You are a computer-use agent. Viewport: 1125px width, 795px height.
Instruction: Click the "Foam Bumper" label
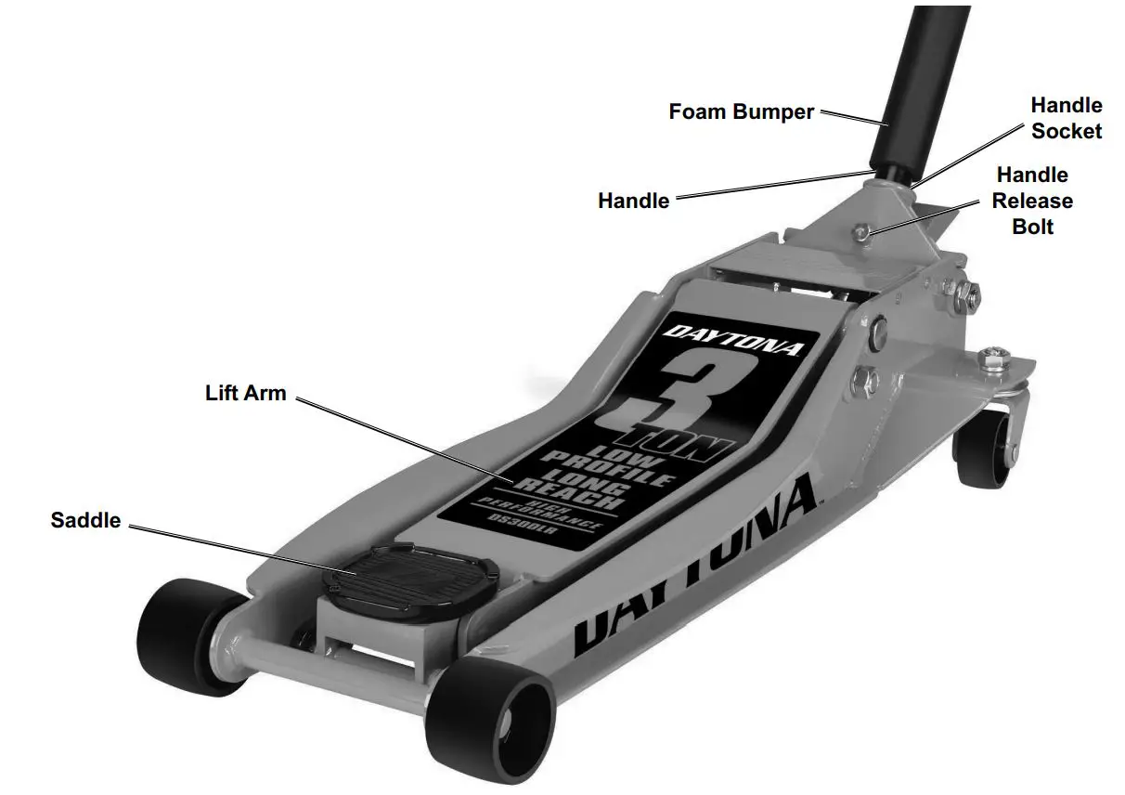point(741,112)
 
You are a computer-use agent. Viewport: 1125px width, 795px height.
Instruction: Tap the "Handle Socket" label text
point(1066,118)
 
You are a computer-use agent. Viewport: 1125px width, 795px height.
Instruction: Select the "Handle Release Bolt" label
point(1032,201)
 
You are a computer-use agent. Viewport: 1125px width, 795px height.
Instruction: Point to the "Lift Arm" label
point(245,393)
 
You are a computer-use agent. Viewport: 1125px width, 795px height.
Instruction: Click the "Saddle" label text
point(85,520)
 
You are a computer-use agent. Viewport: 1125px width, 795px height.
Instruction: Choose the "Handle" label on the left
point(633,200)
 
